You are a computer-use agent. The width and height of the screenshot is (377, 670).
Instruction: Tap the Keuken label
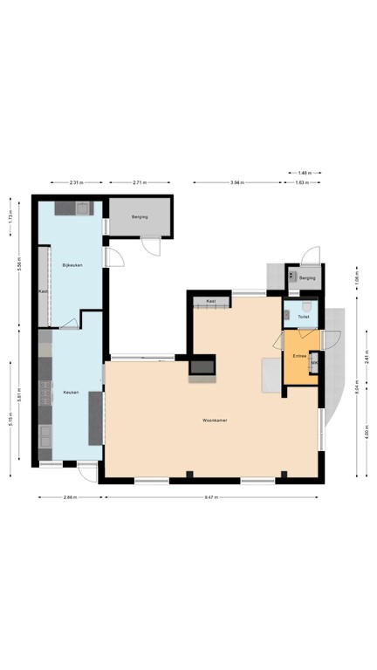pyautogui.click(x=72, y=393)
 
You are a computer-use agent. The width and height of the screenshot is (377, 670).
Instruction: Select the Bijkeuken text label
pyautogui.click(x=72, y=264)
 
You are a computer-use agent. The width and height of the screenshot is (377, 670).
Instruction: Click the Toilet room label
pyautogui.click(x=303, y=317)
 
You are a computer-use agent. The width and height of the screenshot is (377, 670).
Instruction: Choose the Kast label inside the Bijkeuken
pyautogui.click(x=42, y=291)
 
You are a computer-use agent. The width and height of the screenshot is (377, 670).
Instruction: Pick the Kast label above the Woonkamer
pyautogui.click(x=211, y=301)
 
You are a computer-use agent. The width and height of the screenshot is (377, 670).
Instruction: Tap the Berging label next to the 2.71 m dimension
pyautogui.click(x=140, y=216)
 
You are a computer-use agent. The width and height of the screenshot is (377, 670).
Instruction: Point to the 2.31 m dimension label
pyautogui.click(x=76, y=183)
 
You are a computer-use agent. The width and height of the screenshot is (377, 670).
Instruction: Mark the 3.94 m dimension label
pyautogui.click(x=236, y=183)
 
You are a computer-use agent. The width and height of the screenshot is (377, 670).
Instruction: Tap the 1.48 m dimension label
pyautogui.click(x=304, y=172)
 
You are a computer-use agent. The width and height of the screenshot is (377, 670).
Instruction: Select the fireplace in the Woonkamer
pyautogui.click(x=202, y=367)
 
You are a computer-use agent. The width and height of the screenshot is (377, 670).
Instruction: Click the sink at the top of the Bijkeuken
pyautogui.click(x=81, y=209)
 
